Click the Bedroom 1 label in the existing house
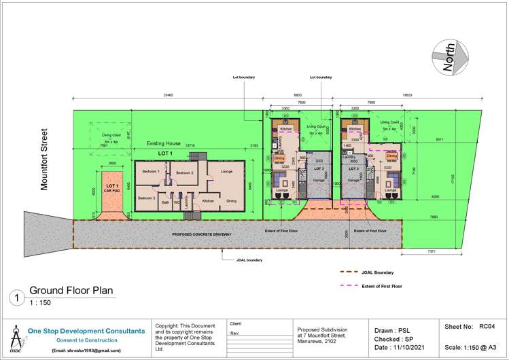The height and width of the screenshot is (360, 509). click(150, 172)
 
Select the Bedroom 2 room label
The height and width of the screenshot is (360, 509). click(185, 173)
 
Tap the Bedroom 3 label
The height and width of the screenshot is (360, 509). click(147, 198)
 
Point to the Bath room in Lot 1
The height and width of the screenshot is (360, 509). click(165, 202)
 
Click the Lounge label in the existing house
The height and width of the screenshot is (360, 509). click(226, 171)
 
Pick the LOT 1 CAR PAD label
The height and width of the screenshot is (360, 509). click(111, 187)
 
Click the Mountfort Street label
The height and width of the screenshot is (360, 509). click(45, 160)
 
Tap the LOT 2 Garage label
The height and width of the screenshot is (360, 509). click(319, 175)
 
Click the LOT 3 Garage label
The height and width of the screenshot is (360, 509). click(353, 174)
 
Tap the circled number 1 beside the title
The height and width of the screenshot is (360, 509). click(16, 297)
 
